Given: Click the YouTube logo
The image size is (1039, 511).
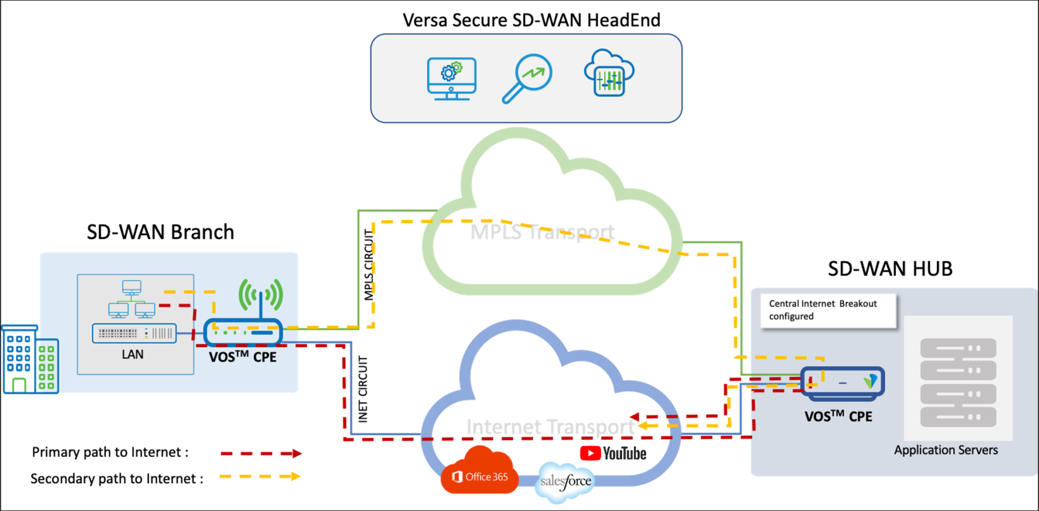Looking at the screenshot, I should [x=613, y=453].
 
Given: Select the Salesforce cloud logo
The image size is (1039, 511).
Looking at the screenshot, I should [x=565, y=481].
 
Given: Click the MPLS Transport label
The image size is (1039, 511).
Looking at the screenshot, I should [x=542, y=232].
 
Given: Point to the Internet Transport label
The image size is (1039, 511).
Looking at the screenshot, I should [x=550, y=427].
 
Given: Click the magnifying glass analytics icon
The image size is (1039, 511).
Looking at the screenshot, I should [x=528, y=78].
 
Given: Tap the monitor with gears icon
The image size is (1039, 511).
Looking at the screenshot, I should [x=451, y=79].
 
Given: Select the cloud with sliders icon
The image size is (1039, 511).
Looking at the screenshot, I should [x=609, y=74].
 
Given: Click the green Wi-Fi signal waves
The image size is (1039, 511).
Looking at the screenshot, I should [x=260, y=295].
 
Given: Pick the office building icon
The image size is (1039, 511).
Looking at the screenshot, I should [x=29, y=359].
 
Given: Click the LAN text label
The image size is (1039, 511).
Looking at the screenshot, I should [x=132, y=354].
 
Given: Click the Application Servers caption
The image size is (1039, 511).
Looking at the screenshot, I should [x=946, y=450].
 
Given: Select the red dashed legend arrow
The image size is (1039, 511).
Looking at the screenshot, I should [x=261, y=454].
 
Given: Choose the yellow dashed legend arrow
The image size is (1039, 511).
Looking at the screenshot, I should [x=260, y=476].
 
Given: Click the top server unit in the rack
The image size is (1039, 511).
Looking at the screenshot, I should [x=958, y=348].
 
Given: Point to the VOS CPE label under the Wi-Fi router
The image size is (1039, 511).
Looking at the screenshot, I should [x=243, y=356].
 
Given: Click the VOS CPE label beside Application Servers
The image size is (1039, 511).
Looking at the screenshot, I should [x=838, y=416].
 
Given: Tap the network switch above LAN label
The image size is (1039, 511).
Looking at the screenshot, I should [x=134, y=333].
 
